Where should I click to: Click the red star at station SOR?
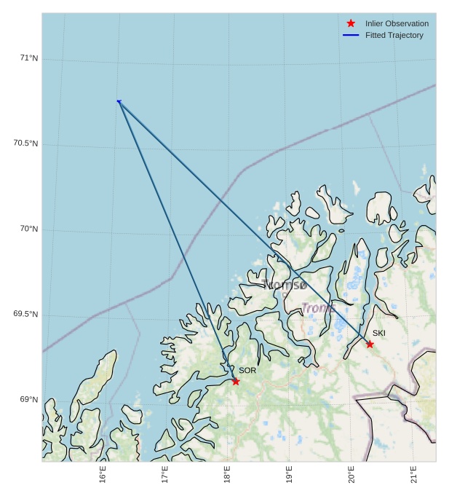[235, 381]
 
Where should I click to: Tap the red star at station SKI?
[370, 344]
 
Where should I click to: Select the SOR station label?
[247, 370]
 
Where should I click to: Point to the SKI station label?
[379, 333]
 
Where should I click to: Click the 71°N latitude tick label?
[29, 58]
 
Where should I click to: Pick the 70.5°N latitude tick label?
[25, 143]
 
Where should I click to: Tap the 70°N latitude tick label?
[29, 229]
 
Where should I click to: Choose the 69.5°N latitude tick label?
[25, 314]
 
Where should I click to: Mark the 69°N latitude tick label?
[29, 399]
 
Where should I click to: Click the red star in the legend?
[351, 23]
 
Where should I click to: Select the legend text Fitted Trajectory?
[394, 35]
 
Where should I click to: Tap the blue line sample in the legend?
[351, 35]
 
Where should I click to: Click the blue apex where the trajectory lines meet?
[119, 101]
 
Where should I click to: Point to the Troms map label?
[317, 308]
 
